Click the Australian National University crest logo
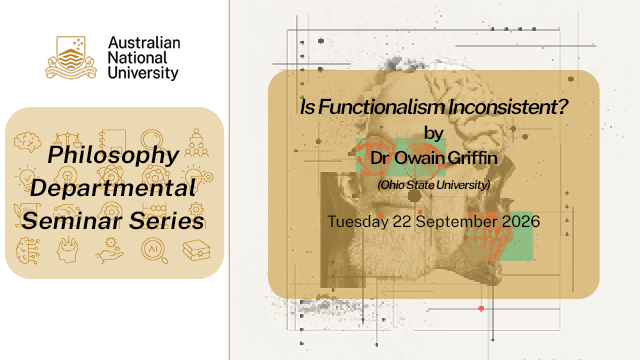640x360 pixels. click(71, 58)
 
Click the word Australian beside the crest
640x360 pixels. click(144, 42)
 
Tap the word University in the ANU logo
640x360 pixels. click(143, 73)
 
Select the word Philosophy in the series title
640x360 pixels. click(113, 156)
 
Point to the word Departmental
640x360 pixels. click(113, 188)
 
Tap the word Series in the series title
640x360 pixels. click(167, 221)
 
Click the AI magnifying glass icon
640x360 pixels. click(154, 251)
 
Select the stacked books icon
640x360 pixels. click(196, 250)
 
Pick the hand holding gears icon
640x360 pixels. click(110, 251)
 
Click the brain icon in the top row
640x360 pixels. click(27, 141)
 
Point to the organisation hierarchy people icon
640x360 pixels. click(196, 143)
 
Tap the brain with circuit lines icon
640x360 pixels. click(28, 251)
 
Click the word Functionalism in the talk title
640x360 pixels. click(381, 107)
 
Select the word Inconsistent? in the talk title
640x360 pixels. click(508, 107)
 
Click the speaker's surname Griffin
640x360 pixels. click(472, 158)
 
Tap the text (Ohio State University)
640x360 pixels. click(433, 185)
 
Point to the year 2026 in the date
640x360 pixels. click(521, 222)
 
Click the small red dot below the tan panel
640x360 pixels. click(481, 309)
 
